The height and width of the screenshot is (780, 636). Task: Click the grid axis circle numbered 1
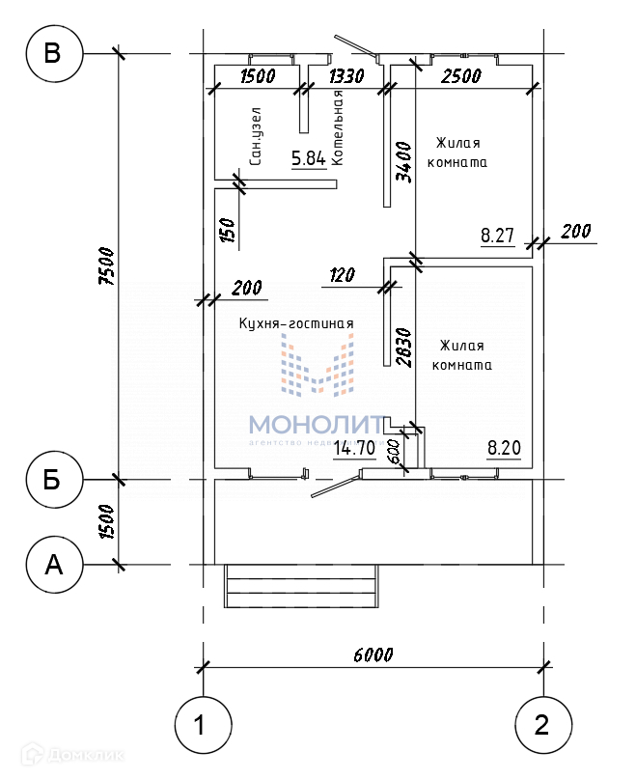point(203,723)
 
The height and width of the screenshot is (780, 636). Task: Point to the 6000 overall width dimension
point(373,655)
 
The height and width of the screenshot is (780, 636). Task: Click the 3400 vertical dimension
point(404,161)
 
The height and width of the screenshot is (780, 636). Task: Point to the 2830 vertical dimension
point(404,345)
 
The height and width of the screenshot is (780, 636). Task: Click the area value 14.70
point(354,447)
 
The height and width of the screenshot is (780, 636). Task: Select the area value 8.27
point(497,234)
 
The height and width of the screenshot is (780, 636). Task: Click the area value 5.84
point(309,158)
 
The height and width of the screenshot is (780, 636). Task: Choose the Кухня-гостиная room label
point(296,324)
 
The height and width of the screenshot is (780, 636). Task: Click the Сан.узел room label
point(255,136)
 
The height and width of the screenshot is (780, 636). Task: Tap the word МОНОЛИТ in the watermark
point(317,424)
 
